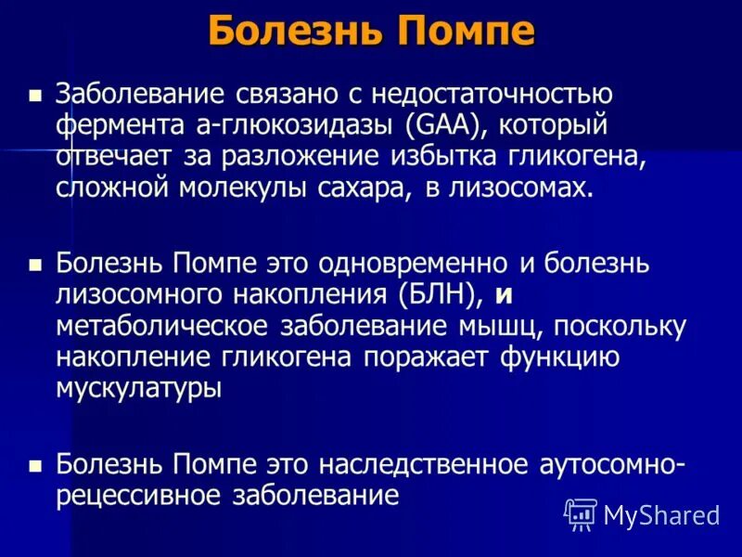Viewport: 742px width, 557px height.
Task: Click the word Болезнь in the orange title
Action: click(x=299, y=32)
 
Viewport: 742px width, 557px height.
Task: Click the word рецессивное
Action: click(x=134, y=496)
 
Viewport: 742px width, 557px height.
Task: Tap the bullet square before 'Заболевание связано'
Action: click(x=36, y=95)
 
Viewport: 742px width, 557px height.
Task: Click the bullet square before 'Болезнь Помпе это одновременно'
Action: click(x=36, y=266)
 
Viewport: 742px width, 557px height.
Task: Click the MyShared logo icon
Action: click(x=580, y=513)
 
